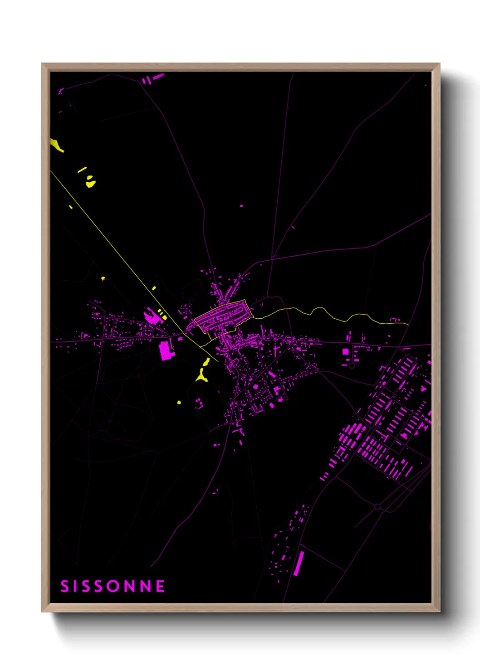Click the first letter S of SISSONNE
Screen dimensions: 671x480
[x=64, y=586]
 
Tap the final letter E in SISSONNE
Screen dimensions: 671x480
[x=160, y=586]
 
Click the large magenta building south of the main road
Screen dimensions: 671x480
[x=166, y=350]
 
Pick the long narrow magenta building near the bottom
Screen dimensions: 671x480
[x=299, y=564]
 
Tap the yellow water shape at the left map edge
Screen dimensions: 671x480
[x=56, y=145]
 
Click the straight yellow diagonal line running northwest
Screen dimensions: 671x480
[x=113, y=240]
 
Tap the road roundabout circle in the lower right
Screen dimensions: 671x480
[x=377, y=506]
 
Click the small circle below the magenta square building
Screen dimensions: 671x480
[x=352, y=365]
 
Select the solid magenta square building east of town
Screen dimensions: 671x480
[x=346, y=352]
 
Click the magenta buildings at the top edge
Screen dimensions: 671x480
[x=153, y=78]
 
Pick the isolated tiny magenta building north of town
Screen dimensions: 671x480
[x=241, y=206]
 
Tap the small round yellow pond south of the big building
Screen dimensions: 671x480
[x=179, y=402]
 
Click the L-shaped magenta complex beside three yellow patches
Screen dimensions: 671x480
[x=152, y=316]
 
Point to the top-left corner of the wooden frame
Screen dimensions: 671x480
[x=43, y=64]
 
